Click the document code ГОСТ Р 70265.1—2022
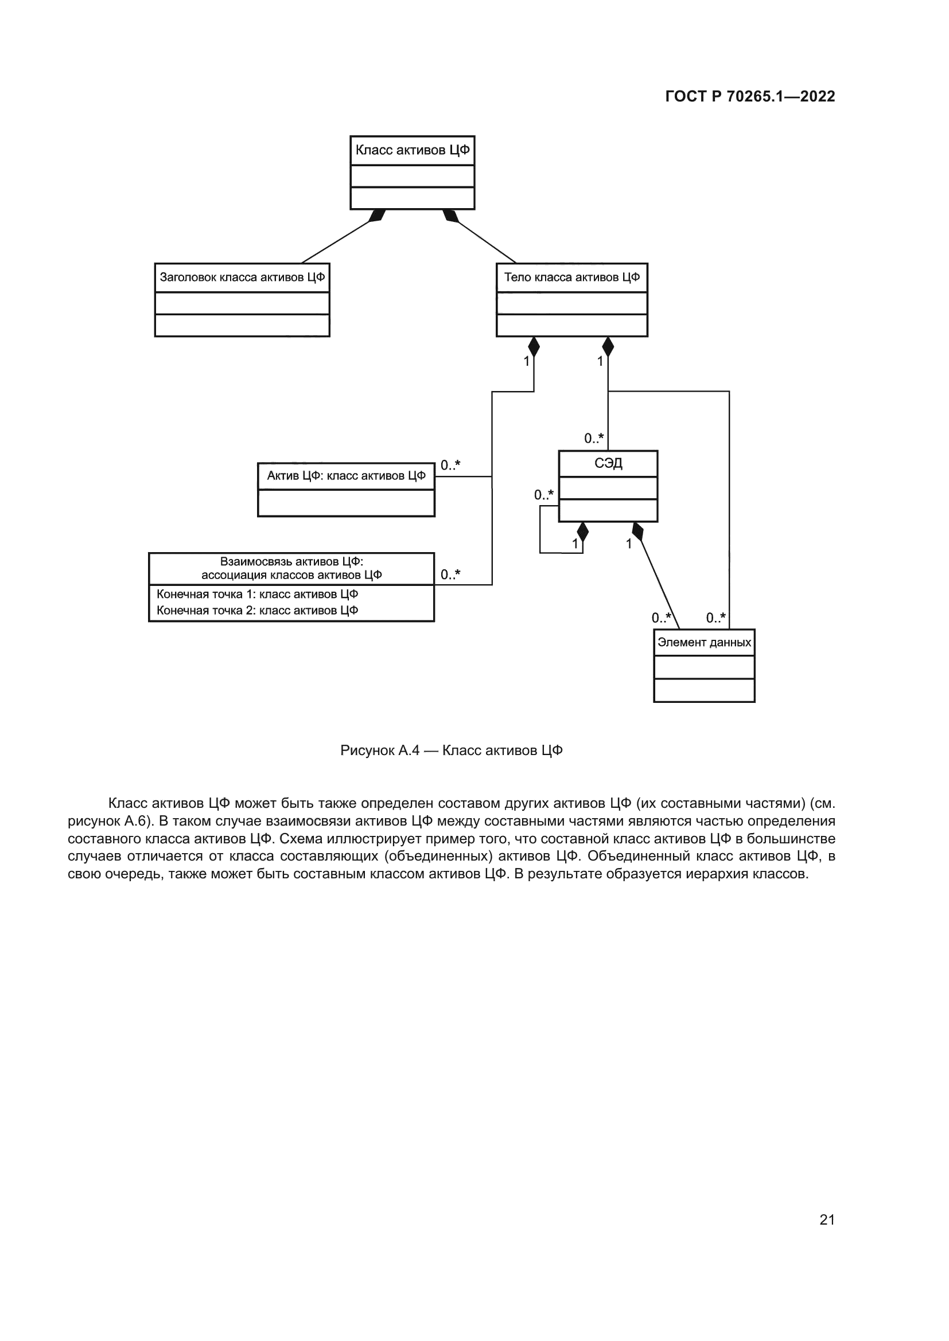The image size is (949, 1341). pyautogui.click(x=750, y=96)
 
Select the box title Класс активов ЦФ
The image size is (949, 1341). pyautogui.click(x=412, y=150)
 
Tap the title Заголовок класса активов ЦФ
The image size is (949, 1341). pyautogui.click(x=242, y=277)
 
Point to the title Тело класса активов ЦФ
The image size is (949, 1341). pyautogui.click(x=571, y=277)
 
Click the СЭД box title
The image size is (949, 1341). pyautogui.click(x=608, y=464)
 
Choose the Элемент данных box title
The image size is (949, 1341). pyautogui.click(x=704, y=643)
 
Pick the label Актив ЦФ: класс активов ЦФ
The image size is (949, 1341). pyautogui.click(x=346, y=476)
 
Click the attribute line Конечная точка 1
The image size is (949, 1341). pyautogui.click(x=257, y=595)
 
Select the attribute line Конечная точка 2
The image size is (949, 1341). pyautogui.click(x=257, y=611)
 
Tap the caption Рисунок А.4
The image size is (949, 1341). pyautogui.click(x=451, y=750)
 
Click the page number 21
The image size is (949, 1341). pyautogui.click(x=827, y=1219)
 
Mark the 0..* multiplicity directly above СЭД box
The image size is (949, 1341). pyautogui.click(x=594, y=439)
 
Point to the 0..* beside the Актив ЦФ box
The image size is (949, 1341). pyautogui.click(x=450, y=466)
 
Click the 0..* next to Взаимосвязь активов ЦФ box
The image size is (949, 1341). pyautogui.click(x=450, y=574)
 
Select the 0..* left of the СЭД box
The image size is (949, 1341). pyautogui.click(x=543, y=495)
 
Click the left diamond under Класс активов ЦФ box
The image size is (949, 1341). pyautogui.click(x=378, y=216)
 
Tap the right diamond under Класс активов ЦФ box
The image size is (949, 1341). pyautogui.click(x=450, y=216)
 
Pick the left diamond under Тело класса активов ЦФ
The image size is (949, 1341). pyautogui.click(x=534, y=347)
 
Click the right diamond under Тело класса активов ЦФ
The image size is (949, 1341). pyautogui.click(x=608, y=347)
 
